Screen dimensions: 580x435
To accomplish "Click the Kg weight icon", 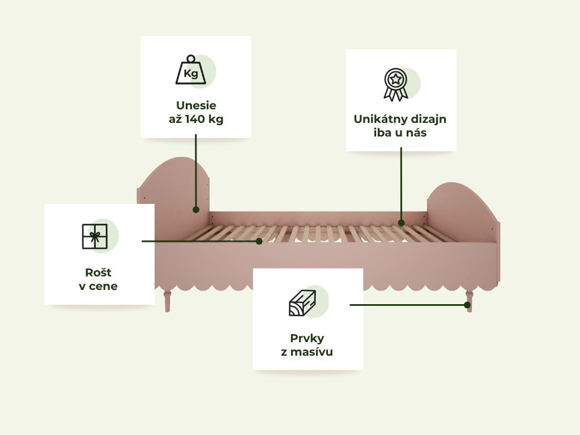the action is point(191,70).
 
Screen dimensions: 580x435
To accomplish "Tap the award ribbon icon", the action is point(396,84).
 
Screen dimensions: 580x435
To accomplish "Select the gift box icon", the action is point(95,236).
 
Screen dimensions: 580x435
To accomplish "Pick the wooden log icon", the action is point(302,303).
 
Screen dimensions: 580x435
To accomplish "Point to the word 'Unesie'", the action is point(196,105).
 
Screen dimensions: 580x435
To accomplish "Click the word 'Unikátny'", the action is point(377,120).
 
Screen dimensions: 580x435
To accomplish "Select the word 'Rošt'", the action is point(98,272).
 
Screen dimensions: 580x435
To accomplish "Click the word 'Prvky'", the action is point(307,339).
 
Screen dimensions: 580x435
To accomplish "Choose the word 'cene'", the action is point(103,286).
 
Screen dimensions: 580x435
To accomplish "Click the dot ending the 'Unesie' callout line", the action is point(196,210).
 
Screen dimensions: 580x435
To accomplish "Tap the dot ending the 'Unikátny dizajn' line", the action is point(402,223).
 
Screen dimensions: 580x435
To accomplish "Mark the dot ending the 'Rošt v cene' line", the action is point(259,241).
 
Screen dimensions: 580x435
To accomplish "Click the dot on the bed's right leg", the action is point(467,305).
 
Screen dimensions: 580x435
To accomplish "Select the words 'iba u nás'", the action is point(400,133).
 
